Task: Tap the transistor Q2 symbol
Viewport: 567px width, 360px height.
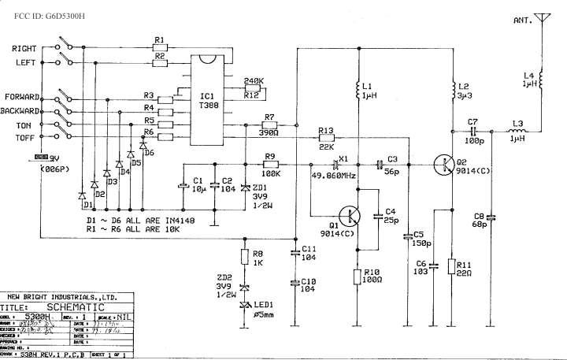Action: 445,165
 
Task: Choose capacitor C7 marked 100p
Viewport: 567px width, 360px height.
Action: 472,131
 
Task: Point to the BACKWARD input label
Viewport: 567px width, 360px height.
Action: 22,110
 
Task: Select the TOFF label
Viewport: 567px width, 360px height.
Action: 27,137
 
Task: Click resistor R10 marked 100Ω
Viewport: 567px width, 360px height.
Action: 359,275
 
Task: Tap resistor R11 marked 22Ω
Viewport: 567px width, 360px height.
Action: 451,267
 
